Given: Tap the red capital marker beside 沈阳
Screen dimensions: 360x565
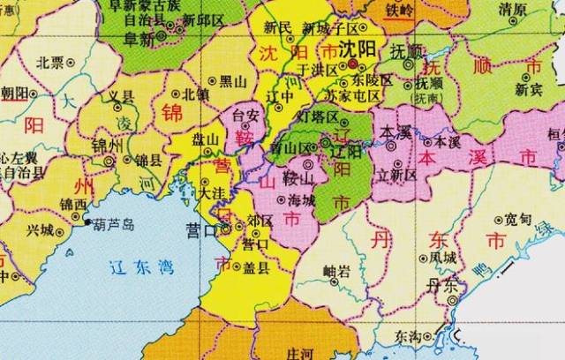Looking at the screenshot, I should (x=353, y=65).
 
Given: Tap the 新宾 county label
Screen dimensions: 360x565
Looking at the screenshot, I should (x=528, y=89).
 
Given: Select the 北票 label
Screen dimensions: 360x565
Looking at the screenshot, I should (x=50, y=63).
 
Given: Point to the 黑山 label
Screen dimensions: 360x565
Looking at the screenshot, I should (x=232, y=82).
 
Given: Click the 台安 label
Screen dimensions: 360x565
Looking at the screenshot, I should (x=245, y=115).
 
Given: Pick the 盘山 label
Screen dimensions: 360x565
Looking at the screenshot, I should (x=206, y=139).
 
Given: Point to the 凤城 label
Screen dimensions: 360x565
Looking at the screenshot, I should (x=442, y=258).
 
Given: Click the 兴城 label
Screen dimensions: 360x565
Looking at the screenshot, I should (x=40, y=230).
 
